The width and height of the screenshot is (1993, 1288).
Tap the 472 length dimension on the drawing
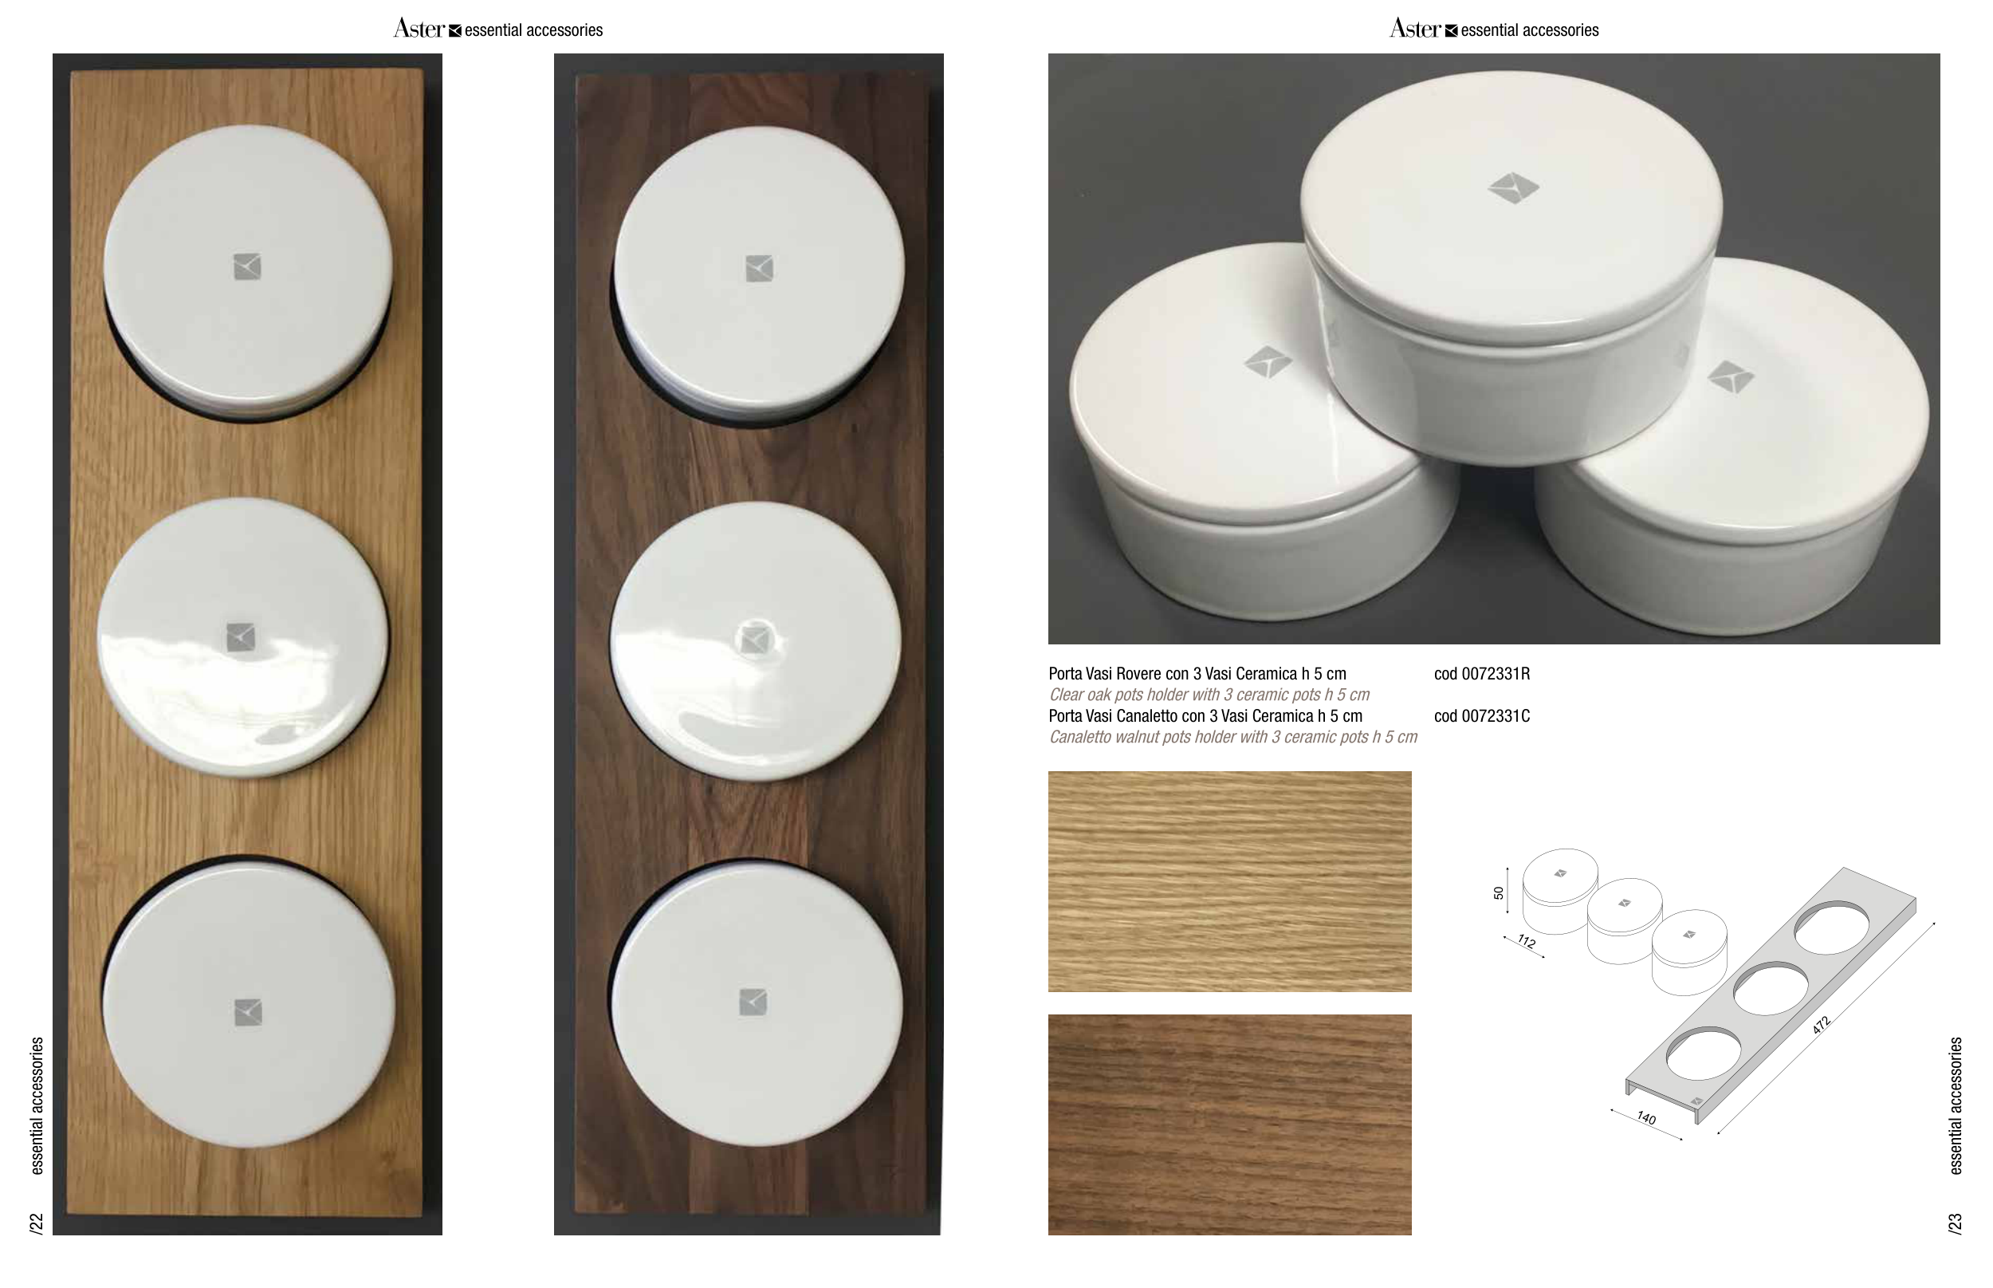1822,1026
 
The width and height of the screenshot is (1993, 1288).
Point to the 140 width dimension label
1646,1117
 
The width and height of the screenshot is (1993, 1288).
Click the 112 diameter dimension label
1527,942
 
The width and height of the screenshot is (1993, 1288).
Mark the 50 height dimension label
1499,893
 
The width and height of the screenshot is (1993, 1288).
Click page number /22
37,1223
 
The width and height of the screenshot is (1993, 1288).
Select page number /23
1956,1223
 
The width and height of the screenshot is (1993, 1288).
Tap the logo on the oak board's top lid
246,267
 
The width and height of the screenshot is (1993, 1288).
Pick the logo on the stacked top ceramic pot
1513,188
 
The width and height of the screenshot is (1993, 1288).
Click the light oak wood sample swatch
1230,881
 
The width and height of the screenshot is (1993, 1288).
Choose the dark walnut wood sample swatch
1230,1125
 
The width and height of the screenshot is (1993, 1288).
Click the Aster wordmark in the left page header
419,29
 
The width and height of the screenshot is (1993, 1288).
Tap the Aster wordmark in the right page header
1415,29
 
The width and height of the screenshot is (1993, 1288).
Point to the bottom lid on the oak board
248,1003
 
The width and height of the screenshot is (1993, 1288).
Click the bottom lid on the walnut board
757,1003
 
